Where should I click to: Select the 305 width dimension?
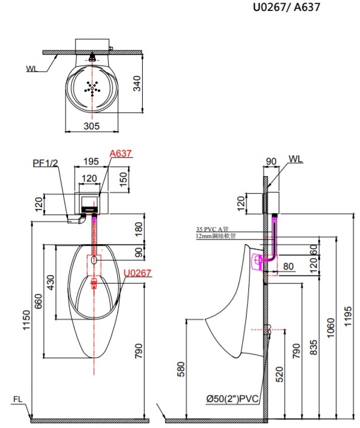91,126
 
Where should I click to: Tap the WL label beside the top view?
32,69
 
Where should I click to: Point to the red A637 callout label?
120,154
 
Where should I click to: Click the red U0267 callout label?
137,273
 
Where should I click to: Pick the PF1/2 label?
46,163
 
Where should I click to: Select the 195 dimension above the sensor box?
90,161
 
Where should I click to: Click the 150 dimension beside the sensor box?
124,180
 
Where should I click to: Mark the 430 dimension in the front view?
52,282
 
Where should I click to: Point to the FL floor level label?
18,399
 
